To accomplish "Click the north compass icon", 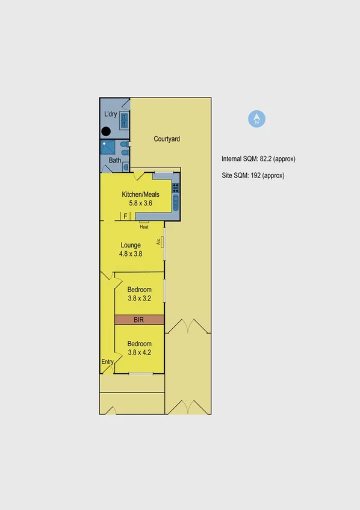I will (257, 119).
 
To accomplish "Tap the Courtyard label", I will (167, 139).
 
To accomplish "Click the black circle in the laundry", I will (105, 131).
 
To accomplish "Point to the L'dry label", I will (110, 114).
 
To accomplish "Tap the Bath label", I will (114, 161).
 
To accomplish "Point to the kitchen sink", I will (176, 204).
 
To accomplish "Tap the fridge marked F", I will (126, 216).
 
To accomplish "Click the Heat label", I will (144, 227).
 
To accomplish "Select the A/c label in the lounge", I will (159, 242).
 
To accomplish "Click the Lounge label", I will (131, 245).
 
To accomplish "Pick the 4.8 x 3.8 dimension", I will (131, 254).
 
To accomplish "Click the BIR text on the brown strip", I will (139, 320).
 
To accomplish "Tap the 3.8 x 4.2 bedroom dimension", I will (139, 353).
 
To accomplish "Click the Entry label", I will (107, 362).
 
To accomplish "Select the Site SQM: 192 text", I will (253, 176).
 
